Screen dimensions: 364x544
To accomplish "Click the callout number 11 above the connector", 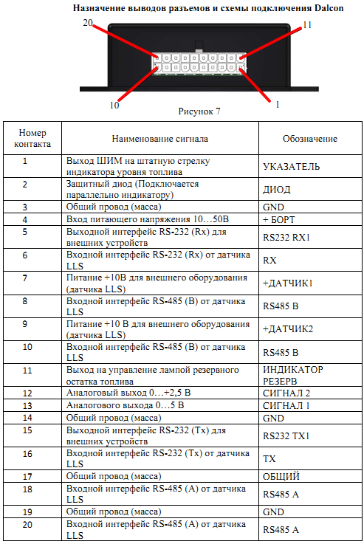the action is pos(308,26).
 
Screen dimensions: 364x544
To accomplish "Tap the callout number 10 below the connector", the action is pos(114,105).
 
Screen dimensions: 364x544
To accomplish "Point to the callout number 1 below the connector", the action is pos(277,105).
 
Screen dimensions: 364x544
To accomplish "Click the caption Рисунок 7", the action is pos(199,111).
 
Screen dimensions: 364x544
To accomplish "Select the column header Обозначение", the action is pos(310,138).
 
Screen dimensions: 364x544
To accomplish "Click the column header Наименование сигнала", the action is pos(159,138).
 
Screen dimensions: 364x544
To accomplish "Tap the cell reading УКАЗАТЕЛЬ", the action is pos(291,167).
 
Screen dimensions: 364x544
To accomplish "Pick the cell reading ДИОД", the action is pos(277,189).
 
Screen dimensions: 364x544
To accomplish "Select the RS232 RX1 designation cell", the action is pos(286,238).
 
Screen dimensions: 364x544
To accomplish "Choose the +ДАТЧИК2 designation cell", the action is pos(288,328).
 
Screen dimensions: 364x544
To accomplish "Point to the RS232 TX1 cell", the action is pos(286,435).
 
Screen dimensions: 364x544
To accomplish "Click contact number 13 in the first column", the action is pos(25,405).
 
